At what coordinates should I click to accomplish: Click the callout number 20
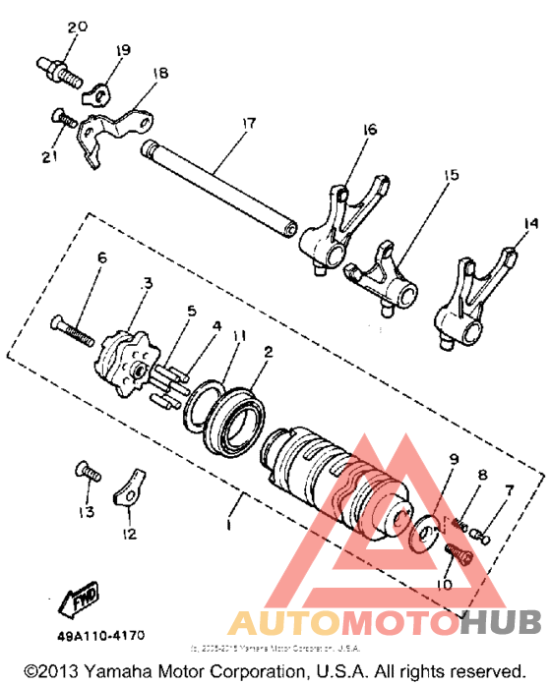tap(70, 27)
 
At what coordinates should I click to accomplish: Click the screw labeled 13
tap(88, 475)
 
